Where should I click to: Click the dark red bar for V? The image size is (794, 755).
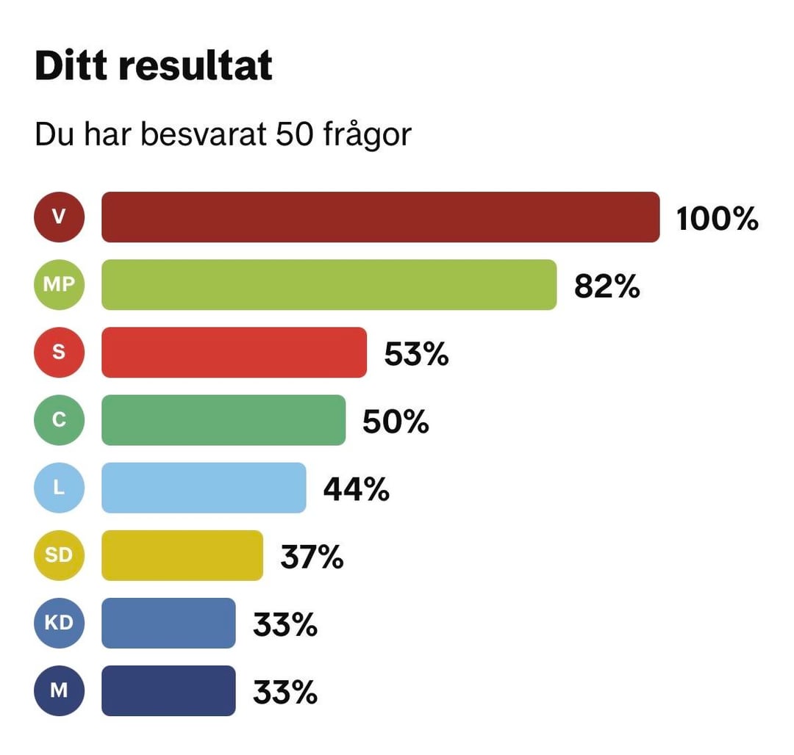[x=380, y=217]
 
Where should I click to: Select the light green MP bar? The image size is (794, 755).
[x=329, y=284]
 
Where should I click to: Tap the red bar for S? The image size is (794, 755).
[x=234, y=353]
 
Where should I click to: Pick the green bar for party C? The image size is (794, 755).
[x=223, y=420]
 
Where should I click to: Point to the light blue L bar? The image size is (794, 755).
[x=204, y=488]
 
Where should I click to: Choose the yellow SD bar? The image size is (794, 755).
[x=182, y=555]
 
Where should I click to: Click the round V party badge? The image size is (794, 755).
[x=60, y=217]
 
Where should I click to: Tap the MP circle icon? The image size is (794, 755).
[x=60, y=284]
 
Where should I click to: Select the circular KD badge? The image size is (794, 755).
[x=60, y=623]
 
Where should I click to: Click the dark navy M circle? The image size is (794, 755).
[x=60, y=691]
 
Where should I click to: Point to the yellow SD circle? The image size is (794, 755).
[x=60, y=555]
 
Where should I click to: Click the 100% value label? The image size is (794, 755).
[x=717, y=218]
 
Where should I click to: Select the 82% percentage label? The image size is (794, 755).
[x=607, y=286]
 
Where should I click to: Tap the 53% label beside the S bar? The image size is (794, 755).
[x=416, y=354]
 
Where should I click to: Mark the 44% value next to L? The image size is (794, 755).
[x=356, y=489]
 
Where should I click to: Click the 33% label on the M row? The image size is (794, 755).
[x=285, y=692]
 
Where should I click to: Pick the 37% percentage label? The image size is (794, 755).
[x=312, y=557]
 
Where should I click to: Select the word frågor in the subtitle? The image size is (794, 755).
[x=367, y=135]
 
